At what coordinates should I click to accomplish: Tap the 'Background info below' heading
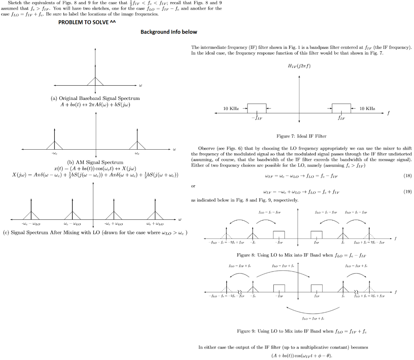click(x=169, y=32)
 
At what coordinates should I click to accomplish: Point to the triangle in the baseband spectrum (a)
click(x=95, y=81)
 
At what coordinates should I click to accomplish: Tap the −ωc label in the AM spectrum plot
click(x=54, y=153)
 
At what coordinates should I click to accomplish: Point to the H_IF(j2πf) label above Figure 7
click(x=299, y=66)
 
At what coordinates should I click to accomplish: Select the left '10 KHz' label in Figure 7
click(x=231, y=108)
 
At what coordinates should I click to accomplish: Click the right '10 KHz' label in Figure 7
click(x=367, y=108)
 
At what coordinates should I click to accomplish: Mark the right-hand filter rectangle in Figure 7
click(x=341, y=108)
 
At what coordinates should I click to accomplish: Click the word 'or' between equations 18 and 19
click(x=193, y=186)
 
